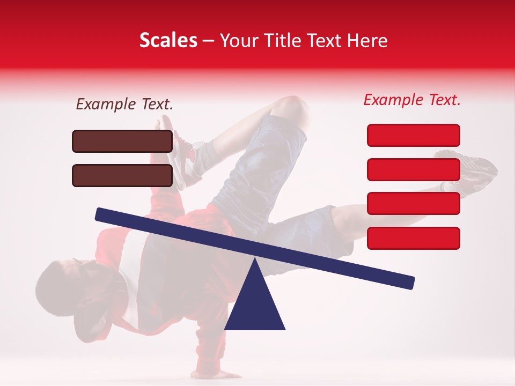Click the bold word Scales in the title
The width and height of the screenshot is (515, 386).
(x=168, y=41)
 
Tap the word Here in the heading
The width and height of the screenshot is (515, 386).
(x=367, y=41)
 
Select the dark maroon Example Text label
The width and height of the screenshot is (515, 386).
(x=124, y=105)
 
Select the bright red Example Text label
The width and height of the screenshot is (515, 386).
(x=412, y=100)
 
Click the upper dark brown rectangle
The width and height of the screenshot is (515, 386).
(x=122, y=141)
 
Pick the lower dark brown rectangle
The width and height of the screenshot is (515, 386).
(x=122, y=175)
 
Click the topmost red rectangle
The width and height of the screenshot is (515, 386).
(x=413, y=135)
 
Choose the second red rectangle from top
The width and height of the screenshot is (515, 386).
(x=413, y=169)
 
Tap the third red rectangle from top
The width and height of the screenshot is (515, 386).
(x=413, y=204)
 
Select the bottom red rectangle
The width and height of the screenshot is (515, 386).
(x=413, y=238)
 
